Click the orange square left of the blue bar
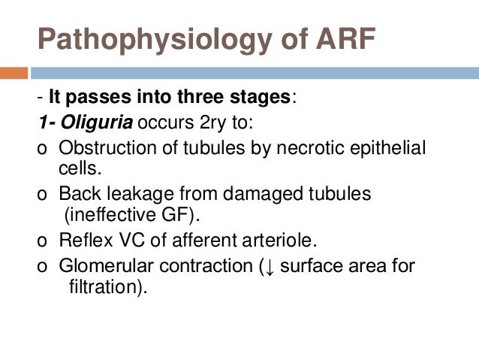(14, 74)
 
